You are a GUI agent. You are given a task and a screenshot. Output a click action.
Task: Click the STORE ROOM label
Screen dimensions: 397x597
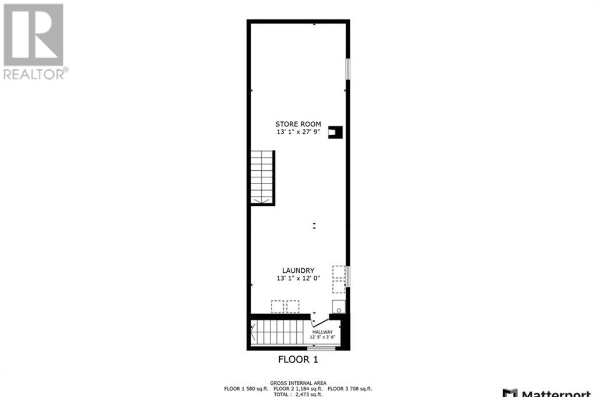[x=298, y=124]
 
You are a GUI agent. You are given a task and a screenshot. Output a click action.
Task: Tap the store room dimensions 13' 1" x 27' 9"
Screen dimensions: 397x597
[x=298, y=132]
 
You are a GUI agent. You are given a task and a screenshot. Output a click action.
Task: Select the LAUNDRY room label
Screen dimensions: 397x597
[x=298, y=270]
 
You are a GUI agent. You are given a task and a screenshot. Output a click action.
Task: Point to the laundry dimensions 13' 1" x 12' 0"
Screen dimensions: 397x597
[x=298, y=279]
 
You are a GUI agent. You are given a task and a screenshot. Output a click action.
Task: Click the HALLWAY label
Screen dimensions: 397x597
[x=322, y=332]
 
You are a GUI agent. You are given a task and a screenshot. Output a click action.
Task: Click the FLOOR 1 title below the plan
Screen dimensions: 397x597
[x=298, y=358]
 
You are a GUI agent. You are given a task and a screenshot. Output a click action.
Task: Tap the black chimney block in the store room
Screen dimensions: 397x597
[x=335, y=132]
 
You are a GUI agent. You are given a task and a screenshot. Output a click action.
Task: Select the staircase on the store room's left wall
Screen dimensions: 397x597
[x=262, y=177]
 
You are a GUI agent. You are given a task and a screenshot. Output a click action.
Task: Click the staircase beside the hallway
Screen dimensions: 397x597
[x=276, y=332]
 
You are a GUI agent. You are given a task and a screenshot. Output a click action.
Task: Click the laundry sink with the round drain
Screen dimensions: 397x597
[x=338, y=307]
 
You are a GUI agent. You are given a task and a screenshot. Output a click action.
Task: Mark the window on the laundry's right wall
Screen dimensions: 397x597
[x=348, y=276]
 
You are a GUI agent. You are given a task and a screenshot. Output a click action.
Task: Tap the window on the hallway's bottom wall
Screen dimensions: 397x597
[x=321, y=349]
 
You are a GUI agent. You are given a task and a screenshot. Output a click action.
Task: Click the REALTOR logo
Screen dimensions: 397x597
[x=35, y=41]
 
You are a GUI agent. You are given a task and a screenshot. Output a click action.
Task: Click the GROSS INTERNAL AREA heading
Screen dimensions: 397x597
[x=298, y=383]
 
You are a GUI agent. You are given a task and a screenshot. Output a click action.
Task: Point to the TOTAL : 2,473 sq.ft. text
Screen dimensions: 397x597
[x=298, y=395]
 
